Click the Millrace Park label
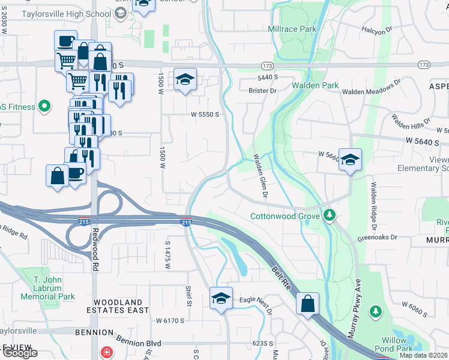coord(292,29)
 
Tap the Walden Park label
coord(315,85)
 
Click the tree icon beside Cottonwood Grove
coord(329,215)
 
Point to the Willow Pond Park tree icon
coord(375,311)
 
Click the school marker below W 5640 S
coord(350,160)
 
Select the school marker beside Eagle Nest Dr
coord(221,298)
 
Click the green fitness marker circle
coord(43,107)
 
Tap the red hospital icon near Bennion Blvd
coord(106,352)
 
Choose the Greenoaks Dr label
coord(378,237)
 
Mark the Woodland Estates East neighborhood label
coord(118,306)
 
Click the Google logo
coord(19,353)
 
